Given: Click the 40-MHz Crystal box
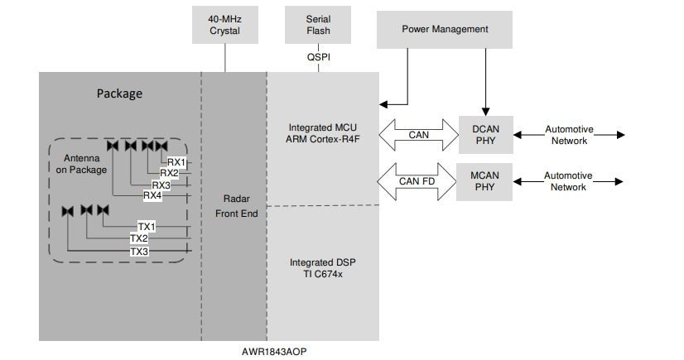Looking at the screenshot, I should tap(224, 25).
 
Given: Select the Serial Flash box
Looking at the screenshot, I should tap(319, 25).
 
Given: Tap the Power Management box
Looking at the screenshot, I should tap(445, 29).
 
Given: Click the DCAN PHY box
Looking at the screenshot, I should tap(485, 135).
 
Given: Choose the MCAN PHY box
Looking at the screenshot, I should tap(485, 181).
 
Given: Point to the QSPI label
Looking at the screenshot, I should tap(319, 58).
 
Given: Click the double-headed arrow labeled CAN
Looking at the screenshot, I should tap(419, 135).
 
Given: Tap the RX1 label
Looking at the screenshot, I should tap(177, 162).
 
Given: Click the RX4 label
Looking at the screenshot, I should tap(152, 196).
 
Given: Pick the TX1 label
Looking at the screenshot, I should tap(146, 227).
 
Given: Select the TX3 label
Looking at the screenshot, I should tap(138, 252).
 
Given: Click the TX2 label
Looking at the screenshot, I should tap(138, 239).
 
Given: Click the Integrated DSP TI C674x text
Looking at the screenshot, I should tap(323, 268).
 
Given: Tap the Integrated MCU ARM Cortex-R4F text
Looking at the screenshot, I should tap(323, 133).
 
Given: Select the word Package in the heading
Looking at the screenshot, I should tap(119, 94).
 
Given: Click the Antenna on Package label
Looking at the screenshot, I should tap(81, 164).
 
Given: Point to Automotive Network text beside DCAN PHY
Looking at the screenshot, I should tap(569, 135).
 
